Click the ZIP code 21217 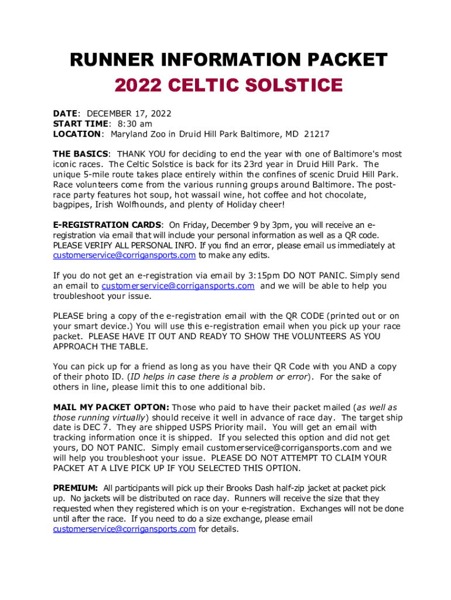point(316,134)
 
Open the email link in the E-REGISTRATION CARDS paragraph point(124,255)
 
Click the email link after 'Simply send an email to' point(178,286)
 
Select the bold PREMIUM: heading point(76,488)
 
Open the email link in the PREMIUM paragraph point(124,529)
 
